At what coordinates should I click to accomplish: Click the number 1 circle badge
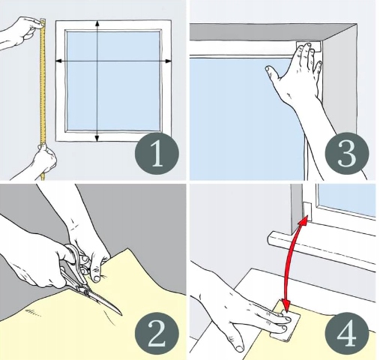[157, 153]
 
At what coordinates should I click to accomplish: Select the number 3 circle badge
[347, 153]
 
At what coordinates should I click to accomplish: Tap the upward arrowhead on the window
[97, 23]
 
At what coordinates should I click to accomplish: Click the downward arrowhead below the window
[97, 138]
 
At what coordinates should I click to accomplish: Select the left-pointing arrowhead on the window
[59, 61]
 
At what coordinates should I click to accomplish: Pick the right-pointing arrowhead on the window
[168, 61]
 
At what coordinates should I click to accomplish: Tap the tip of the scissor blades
[121, 315]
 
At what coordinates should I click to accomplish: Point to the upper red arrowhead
[304, 220]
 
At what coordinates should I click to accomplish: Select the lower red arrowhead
[286, 306]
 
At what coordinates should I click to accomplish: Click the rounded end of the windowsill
[272, 238]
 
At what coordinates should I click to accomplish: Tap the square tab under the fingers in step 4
[287, 322]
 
